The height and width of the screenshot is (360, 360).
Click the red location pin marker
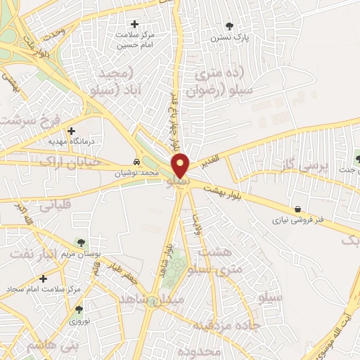[181, 165]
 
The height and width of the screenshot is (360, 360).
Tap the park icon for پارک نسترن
[229, 27]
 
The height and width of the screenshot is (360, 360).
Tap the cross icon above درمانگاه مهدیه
[71, 130]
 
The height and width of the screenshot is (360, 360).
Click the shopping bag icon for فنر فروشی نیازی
[299, 209]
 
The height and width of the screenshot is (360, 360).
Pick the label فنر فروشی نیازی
[299, 219]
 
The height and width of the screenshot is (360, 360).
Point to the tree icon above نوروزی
[78, 309]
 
